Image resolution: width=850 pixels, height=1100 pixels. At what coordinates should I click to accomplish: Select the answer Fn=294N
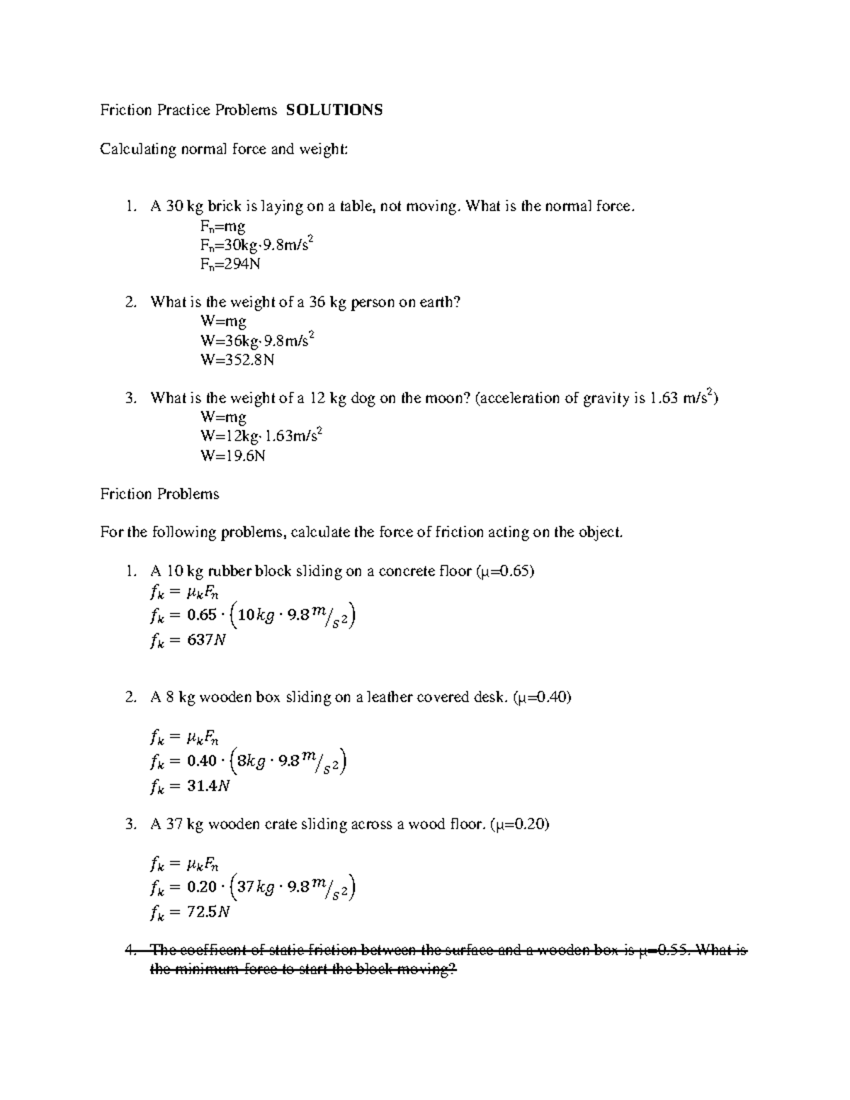click(x=231, y=264)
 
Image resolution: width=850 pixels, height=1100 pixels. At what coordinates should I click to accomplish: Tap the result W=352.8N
click(x=237, y=360)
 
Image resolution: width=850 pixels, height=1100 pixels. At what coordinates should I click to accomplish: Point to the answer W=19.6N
click(x=233, y=455)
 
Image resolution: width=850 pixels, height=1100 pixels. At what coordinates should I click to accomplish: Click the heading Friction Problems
click(x=159, y=494)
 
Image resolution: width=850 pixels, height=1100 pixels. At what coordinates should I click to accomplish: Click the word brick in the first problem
click(x=224, y=206)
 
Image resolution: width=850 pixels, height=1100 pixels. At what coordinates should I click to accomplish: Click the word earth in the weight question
click(x=441, y=302)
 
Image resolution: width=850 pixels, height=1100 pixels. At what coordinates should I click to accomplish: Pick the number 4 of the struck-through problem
click(x=129, y=951)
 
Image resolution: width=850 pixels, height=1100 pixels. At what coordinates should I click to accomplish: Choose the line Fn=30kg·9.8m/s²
click(x=257, y=245)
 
